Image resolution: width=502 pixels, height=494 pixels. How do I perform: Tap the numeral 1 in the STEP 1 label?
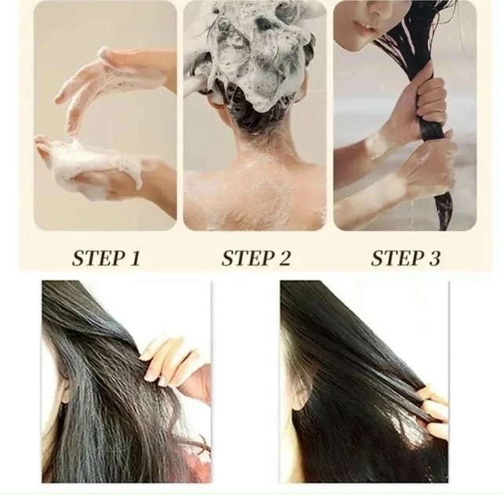[135, 259]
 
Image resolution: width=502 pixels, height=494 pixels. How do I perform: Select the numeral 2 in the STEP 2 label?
[282, 259]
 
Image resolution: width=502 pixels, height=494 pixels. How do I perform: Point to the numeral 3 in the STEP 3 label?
[433, 259]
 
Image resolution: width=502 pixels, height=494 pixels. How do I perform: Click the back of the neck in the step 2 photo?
[256, 141]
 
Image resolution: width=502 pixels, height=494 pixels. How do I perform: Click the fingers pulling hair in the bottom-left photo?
[166, 358]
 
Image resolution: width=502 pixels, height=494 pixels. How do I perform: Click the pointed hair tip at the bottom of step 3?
[443, 224]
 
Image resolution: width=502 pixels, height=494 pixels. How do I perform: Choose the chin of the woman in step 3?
[356, 45]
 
